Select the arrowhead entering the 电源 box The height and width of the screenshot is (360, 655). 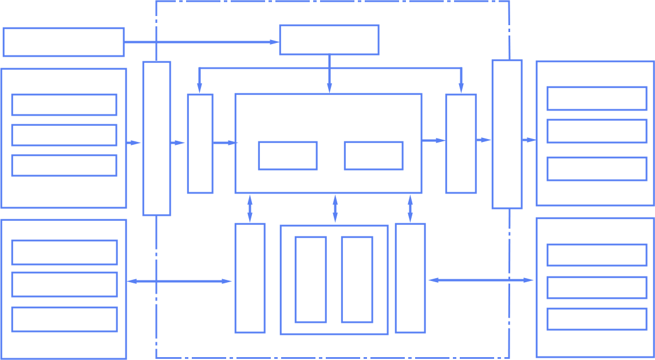tap(274, 42)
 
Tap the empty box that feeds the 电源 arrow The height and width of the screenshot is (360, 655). tap(63, 42)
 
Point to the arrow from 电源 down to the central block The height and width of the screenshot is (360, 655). tap(329, 74)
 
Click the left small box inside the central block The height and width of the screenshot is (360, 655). tap(287, 155)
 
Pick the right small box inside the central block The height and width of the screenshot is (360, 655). tap(373, 155)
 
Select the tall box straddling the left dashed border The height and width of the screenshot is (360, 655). tap(156, 138)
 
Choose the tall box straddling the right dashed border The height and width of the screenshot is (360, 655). tap(507, 134)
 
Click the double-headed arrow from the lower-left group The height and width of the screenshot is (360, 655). tap(179, 281)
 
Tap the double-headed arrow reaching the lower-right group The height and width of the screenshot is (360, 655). tap(481, 280)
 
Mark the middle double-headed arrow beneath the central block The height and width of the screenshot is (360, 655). tap(335, 208)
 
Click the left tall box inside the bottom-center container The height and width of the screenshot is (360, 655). tap(310, 279)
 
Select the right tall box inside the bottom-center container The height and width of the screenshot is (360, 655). tap(357, 279)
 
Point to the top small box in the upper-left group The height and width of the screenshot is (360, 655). tap(64, 105)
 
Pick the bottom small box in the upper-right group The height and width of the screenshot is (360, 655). tap(597, 168)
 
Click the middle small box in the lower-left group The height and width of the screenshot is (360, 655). tap(64, 284)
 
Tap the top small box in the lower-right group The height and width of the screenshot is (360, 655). tap(597, 255)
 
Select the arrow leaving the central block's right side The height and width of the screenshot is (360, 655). tap(433, 140)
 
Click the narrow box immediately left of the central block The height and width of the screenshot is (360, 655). tap(200, 143)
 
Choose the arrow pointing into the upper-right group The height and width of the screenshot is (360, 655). tap(528, 140)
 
